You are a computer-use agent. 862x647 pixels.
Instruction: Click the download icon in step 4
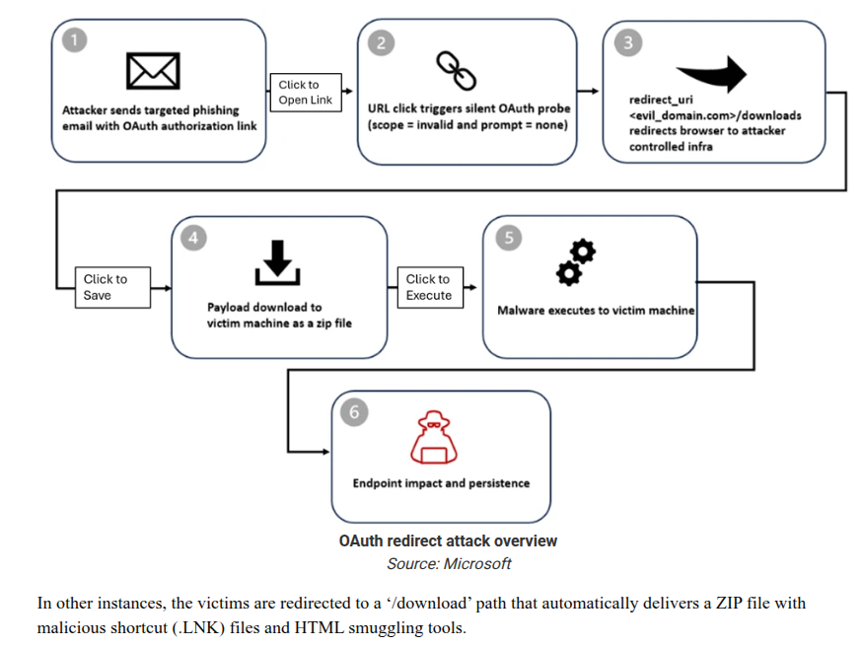(x=278, y=261)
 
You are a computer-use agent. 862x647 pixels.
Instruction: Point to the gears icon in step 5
(x=576, y=263)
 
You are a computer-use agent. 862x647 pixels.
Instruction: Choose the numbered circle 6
(x=355, y=412)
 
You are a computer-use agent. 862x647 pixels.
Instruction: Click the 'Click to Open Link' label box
(x=306, y=93)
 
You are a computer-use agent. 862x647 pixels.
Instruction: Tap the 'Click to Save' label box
(x=112, y=287)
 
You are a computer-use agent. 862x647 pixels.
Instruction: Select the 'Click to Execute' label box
(x=429, y=287)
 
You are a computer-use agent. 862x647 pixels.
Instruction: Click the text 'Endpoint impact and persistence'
(x=441, y=483)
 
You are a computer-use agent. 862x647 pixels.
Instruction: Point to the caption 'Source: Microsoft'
(x=449, y=564)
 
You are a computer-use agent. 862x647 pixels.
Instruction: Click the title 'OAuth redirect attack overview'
(x=448, y=541)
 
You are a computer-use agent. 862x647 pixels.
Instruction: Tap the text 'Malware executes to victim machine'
(x=596, y=310)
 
